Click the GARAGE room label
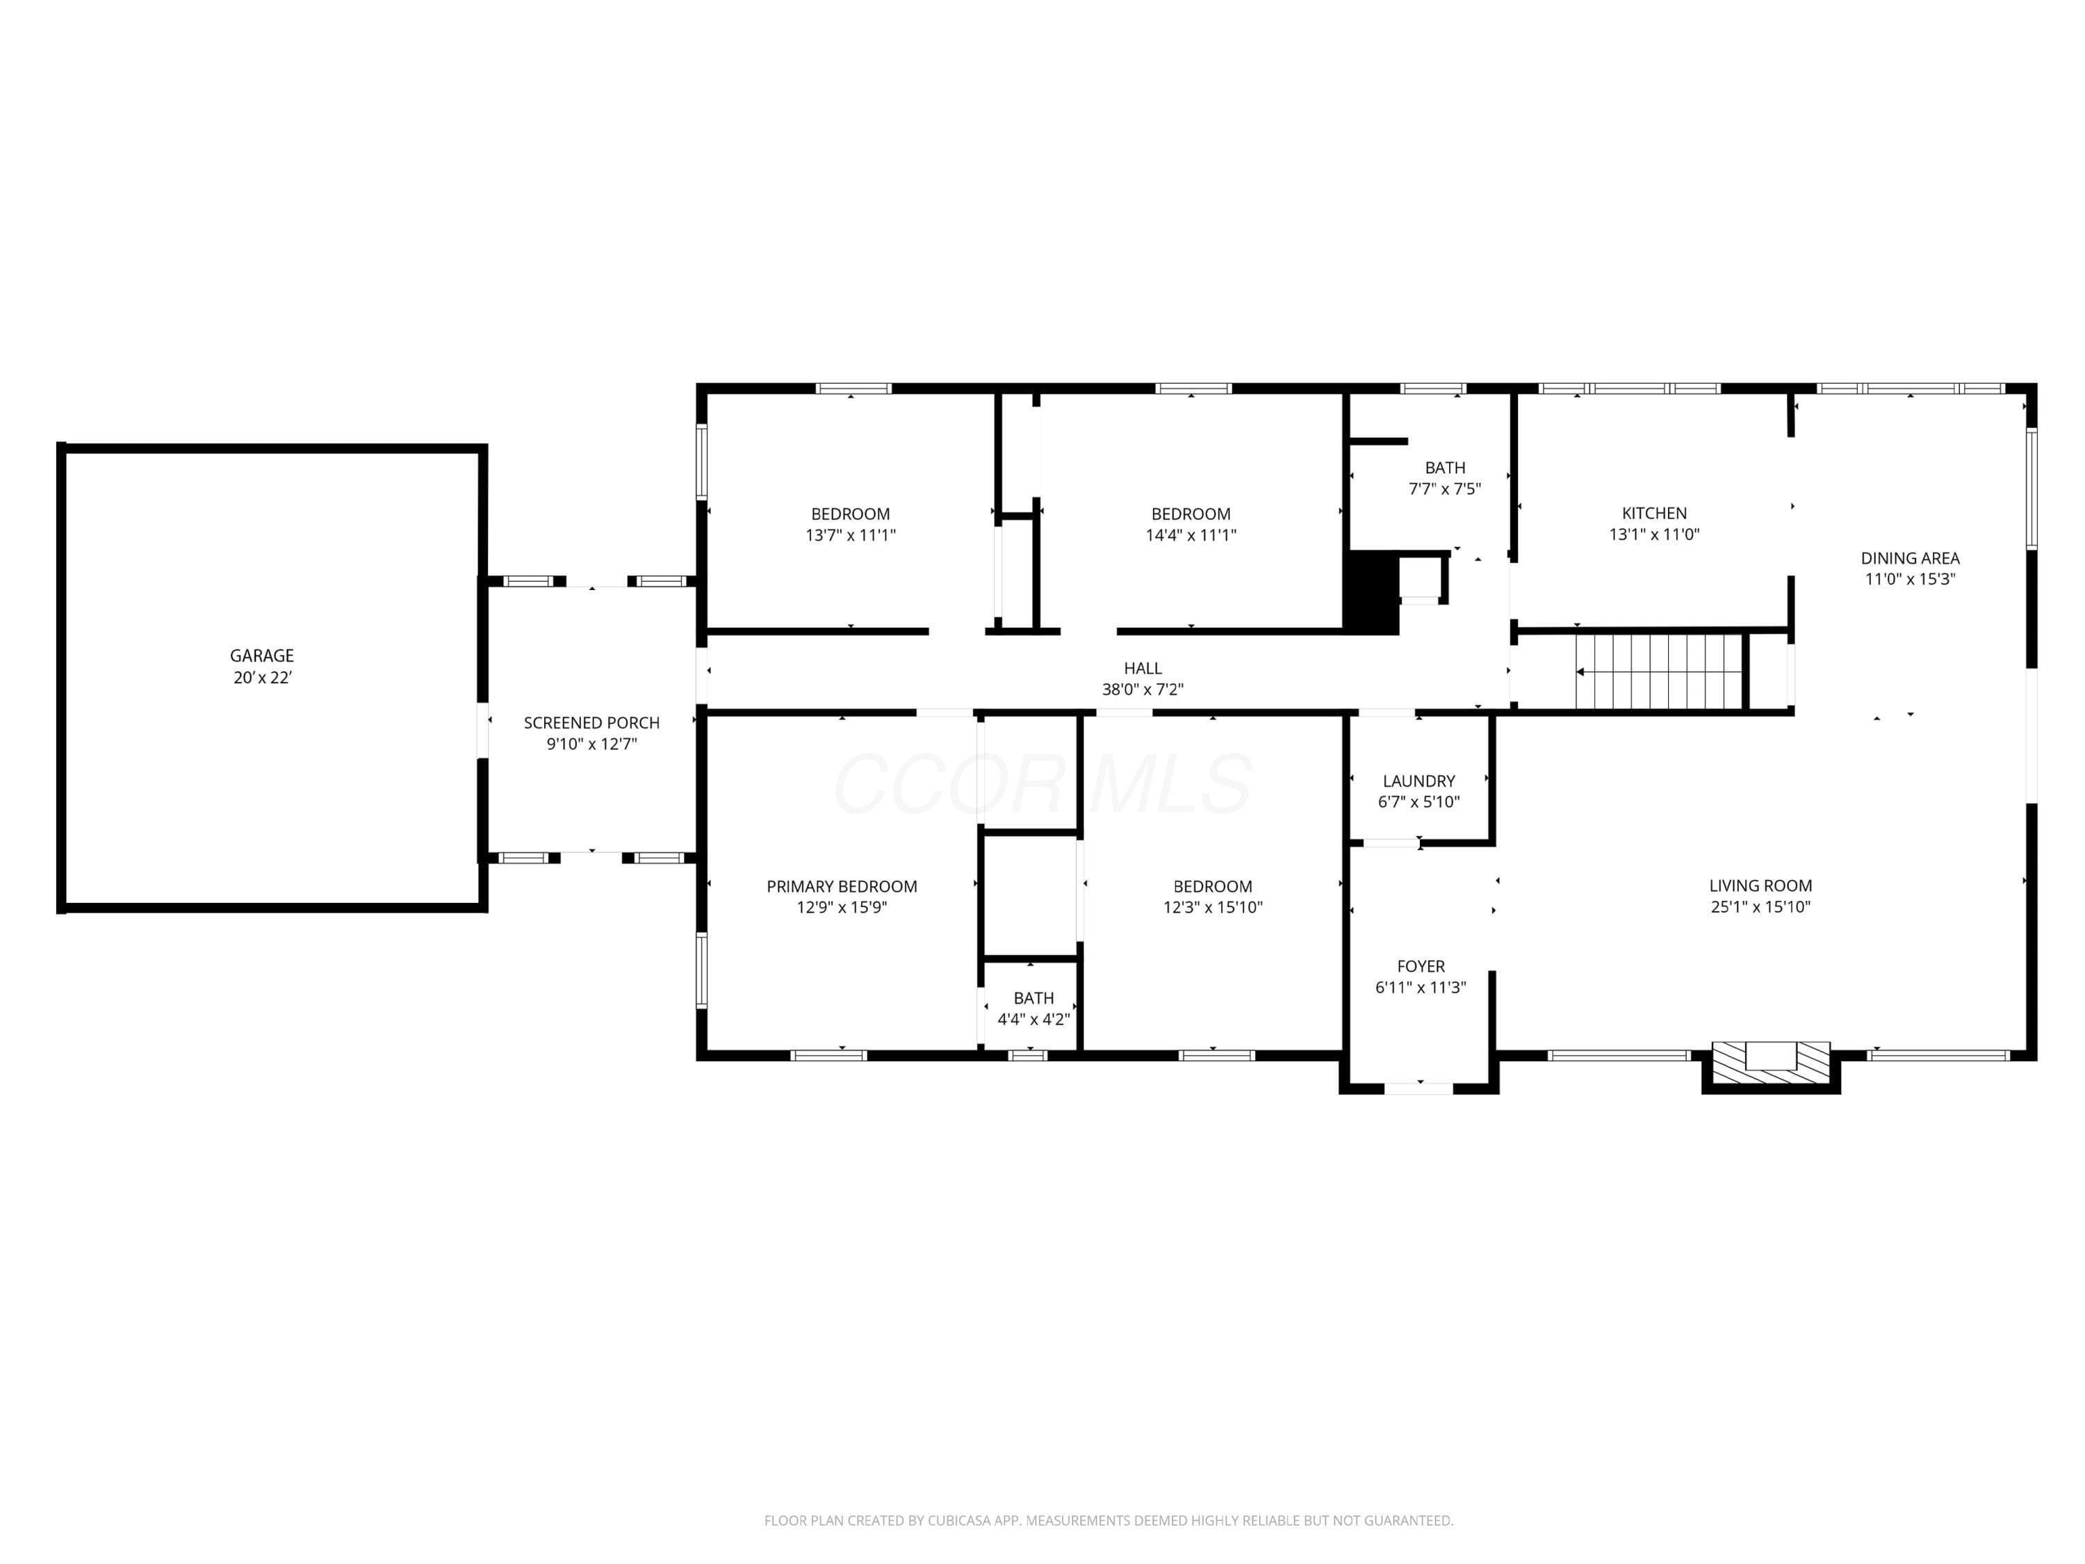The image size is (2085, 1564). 262,655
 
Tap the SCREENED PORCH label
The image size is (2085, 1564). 592,723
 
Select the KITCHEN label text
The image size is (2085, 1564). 1654,514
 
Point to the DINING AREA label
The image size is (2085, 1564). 1910,558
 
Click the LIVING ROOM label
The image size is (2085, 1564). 1760,886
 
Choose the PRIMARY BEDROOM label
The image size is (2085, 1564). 842,886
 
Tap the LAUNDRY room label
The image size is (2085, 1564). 1418,781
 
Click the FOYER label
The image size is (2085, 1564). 1421,966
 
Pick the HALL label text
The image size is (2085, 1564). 1143,669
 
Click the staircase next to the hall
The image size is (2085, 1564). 1659,671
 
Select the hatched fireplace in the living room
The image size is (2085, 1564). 1771,1061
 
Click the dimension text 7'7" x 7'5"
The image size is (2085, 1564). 1445,489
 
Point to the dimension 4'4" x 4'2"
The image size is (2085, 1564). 1034,1019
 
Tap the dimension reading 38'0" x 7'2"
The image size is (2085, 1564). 1143,689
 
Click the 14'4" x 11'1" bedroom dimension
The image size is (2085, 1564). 1191,535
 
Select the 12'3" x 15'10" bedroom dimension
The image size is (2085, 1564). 1213,907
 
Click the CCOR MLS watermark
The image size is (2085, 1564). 1042,784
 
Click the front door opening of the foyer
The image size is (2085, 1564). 1418,1088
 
